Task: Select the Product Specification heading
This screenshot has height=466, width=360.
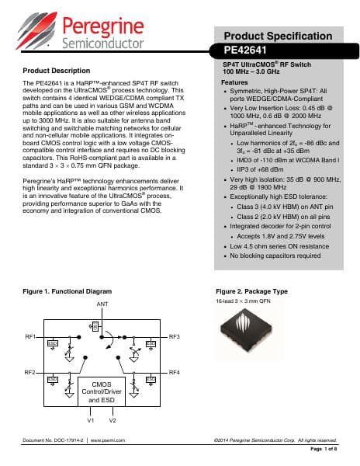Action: click(x=279, y=37)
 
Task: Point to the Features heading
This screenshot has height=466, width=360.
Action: click(x=235, y=82)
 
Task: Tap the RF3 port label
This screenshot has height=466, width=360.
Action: click(x=175, y=336)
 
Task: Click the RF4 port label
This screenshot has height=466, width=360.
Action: click(x=175, y=373)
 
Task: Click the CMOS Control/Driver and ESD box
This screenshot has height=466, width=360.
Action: click(x=102, y=391)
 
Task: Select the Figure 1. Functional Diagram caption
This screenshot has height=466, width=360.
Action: click(x=64, y=290)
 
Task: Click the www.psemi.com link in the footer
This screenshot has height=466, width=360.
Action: click(x=109, y=440)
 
